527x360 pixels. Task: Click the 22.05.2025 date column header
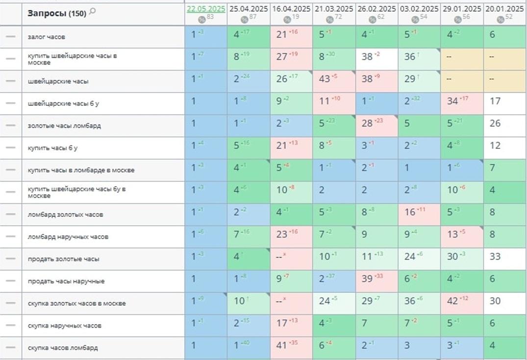tap(206, 9)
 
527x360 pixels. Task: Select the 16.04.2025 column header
tap(291, 9)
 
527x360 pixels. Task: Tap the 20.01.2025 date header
tap(504, 9)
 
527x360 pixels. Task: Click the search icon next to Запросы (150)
tap(93, 12)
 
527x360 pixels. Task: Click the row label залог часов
tap(47, 37)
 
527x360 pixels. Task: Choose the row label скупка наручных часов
tap(58, 325)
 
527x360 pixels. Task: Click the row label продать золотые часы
tap(57, 259)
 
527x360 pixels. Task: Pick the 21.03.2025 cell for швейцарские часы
tap(333, 81)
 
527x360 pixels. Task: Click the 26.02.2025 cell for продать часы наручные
tap(376, 281)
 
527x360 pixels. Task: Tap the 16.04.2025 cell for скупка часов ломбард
tap(291, 348)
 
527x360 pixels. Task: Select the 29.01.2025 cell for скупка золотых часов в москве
tap(461, 303)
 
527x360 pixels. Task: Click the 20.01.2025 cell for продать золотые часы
tap(504, 259)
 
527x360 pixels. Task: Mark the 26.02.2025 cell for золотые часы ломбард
tap(376, 126)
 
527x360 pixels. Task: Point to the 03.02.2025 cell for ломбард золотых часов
tap(419, 215)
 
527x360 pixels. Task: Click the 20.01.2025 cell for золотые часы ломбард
tap(504, 126)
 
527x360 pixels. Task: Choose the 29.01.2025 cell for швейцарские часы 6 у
tap(461, 103)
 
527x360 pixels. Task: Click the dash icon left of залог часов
tap(10, 37)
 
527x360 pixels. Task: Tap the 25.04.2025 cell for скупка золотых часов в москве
tap(248, 303)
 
